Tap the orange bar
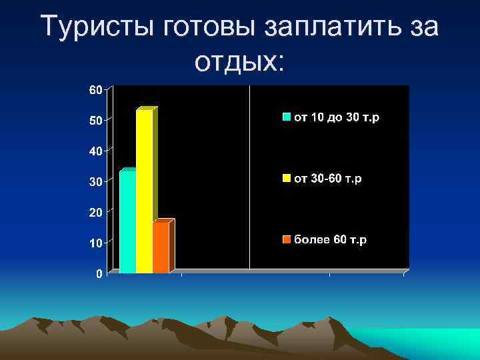161,247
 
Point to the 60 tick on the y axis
96,90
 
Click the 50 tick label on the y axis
96,121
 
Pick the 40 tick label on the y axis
96,151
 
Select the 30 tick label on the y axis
96,182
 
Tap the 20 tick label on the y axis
96,213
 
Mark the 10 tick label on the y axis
96,243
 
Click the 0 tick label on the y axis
99,274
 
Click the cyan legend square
287,117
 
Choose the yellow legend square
287,179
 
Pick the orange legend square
287,240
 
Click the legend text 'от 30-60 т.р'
328,179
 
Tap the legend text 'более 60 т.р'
331,240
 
